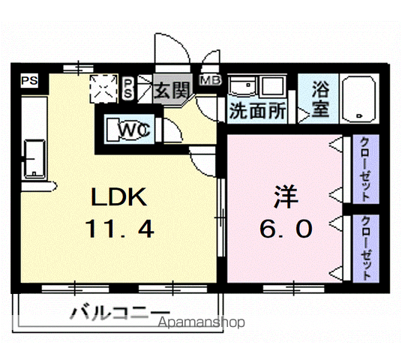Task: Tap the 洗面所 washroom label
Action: tap(256, 111)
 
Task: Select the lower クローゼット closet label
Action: tap(364, 247)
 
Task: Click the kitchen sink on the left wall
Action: tap(34, 158)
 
